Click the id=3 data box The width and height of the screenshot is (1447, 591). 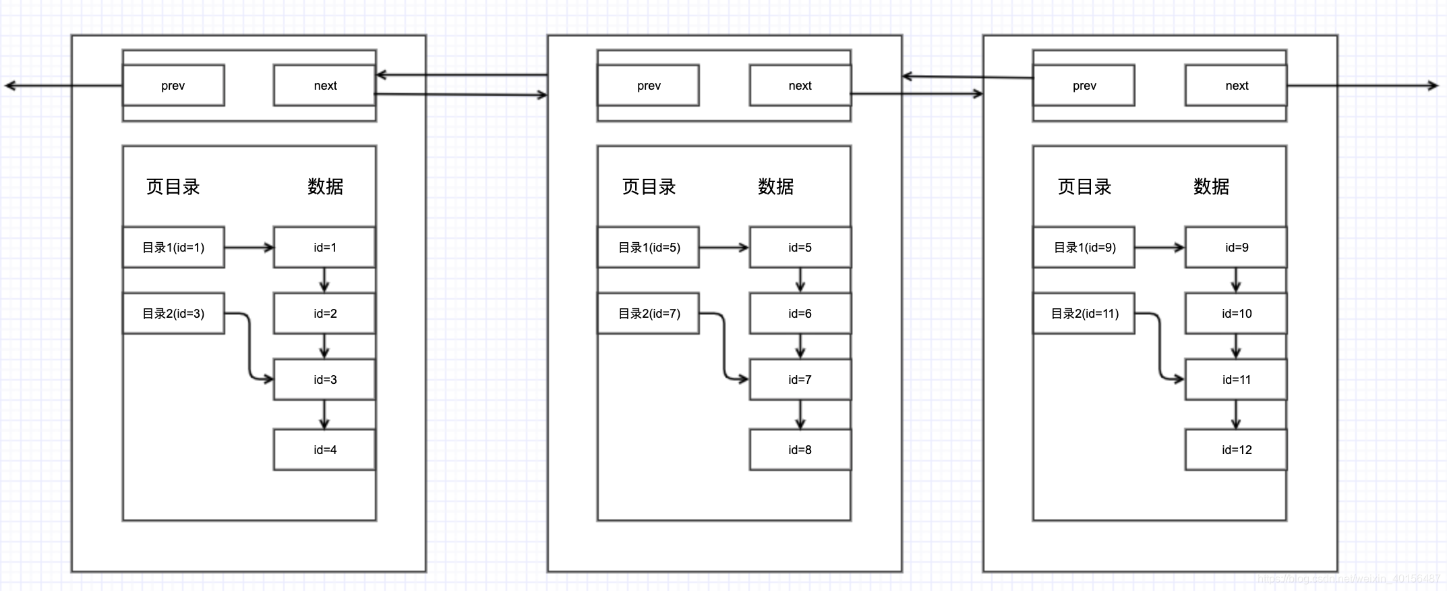pos(324,380)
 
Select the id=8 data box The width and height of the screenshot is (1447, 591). pos(800,450)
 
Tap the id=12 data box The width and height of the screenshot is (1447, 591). pos(1236,450)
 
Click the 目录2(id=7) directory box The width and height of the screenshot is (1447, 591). pos(649,314)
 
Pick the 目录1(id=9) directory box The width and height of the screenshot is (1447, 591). pos(1084,248)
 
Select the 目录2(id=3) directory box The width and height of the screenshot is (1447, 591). pos(173,314)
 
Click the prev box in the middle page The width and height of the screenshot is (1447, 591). pos(649,86)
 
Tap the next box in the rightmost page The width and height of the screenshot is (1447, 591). pos(1236,86)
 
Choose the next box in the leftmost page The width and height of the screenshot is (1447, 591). pos(324,86)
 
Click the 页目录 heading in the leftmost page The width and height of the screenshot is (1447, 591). pos(173,187)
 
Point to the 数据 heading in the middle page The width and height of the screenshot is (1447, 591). pos(775,187)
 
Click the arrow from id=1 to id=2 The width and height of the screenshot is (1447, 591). pos(324,280)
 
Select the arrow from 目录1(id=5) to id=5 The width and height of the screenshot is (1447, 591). pos(723,248)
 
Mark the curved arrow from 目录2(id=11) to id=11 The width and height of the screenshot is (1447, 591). pos(1160,347)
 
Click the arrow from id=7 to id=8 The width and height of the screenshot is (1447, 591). pos(800,414)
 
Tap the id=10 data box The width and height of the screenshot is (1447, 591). pos(1236,314)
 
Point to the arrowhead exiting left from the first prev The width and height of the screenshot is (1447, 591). pos(9,86)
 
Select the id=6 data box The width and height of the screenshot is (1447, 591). pos(800,314)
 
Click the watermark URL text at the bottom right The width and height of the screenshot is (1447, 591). pos(1349,579)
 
